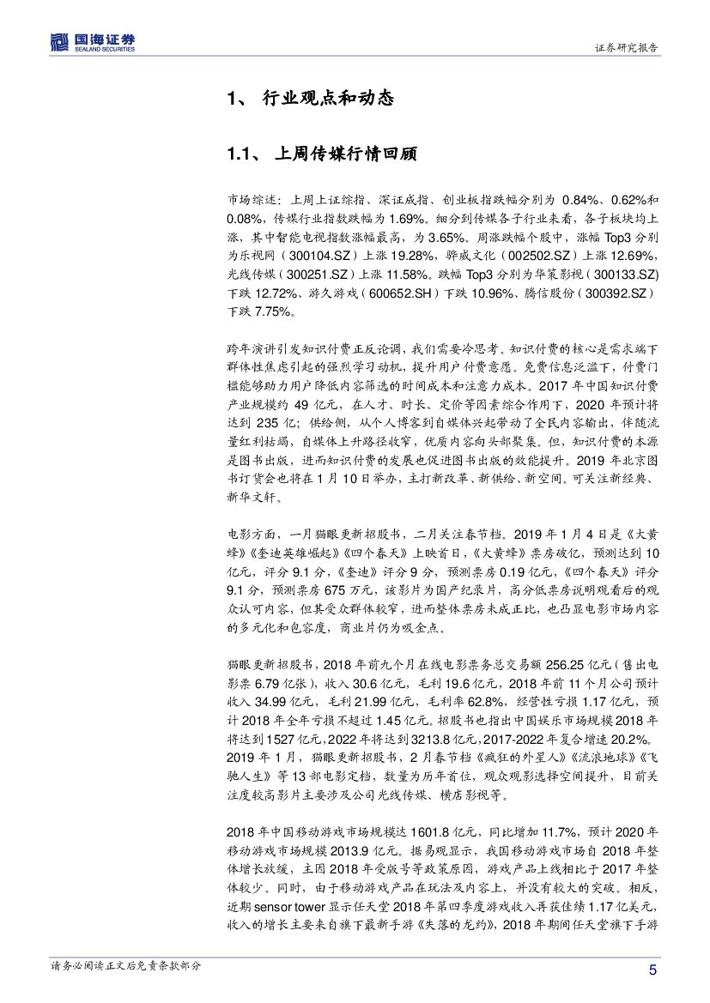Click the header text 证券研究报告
point(626,48)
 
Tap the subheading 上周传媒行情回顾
point(343,154)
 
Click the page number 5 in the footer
point(652,970)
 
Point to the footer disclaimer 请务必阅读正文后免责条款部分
point(126,965)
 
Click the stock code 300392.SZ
point(618,293)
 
